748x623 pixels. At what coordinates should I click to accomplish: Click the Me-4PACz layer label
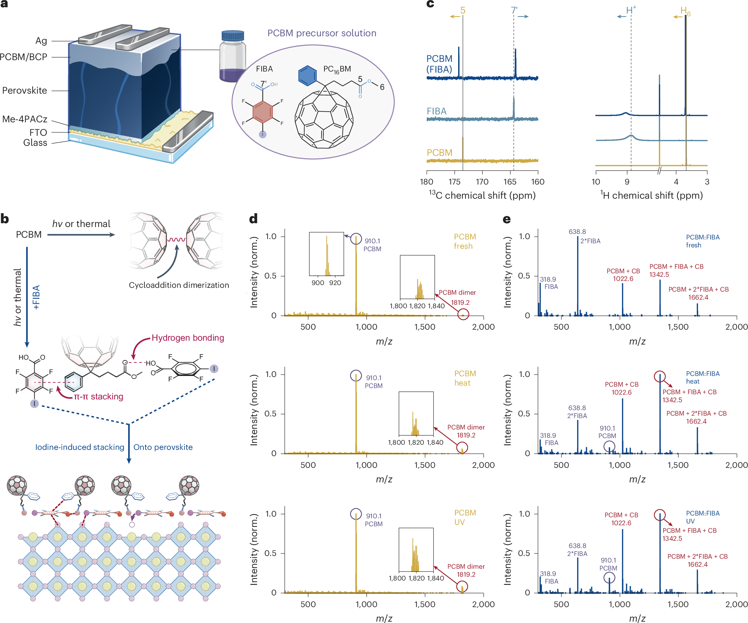[x=25, y=119]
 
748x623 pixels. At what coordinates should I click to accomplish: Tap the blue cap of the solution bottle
[x=233, y=35]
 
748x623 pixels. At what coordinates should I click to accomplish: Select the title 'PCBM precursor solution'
[x=322, y=33]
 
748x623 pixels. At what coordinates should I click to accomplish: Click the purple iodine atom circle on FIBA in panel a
[x=263, y=134]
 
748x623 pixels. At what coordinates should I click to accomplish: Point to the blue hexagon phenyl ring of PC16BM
[x=307, y=76]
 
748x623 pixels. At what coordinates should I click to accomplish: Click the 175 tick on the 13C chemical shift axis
[x=454, y=182]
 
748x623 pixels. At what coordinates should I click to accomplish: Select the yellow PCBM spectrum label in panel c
[x=439, y=152]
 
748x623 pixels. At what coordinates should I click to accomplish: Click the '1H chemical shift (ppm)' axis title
[x=651, y=195]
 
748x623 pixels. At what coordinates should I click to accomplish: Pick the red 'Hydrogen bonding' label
[x=188, y=338]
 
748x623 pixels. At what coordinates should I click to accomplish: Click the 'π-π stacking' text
[x=98, y=396]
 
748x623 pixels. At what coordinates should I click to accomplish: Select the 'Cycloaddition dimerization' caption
[x=179, y=285]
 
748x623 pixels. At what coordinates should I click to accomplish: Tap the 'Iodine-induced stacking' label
[x=80, y=447]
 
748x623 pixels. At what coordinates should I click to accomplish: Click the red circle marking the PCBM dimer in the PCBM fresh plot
[x=463, y=314]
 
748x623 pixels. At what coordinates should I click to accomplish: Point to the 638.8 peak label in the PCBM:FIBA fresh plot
[x=577, y=232]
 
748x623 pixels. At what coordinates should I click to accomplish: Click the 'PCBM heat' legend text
[x=464, y=378]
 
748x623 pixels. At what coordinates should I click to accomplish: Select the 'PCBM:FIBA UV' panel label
[x=702, y=517]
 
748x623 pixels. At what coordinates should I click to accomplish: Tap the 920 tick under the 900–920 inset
[x=335, y=283]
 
